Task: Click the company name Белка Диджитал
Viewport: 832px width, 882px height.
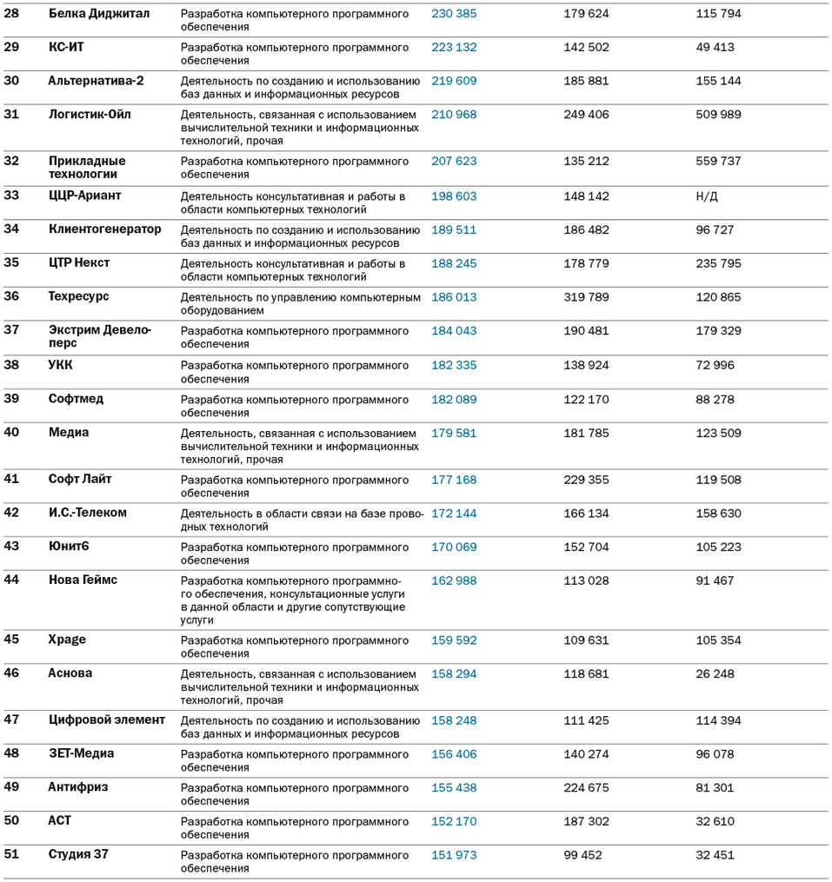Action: pyautogui.click(x=99, y=14)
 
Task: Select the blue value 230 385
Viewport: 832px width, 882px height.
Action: pyautogui.click(x=454, y=14)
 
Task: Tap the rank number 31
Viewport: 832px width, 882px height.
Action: pyautogui.click(x=12, y=114)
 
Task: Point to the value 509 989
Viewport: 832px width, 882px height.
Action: pyautogui.click(x=719, y=115)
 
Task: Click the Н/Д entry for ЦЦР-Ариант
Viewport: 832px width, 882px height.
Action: pyautogui.click(x=707, y=196)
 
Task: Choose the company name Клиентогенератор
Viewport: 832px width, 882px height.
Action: pyautogui.click(x=105, y=229)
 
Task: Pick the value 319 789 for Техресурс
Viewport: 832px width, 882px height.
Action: pyautogui.click(x=586, y=297)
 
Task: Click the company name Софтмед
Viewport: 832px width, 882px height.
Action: pyautogui.click(x=76, y=399)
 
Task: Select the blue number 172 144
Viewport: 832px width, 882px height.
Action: pyautogui.click(x=454, y=514)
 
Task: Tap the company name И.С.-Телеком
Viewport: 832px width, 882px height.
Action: pyautogui.click(x=88, y=513)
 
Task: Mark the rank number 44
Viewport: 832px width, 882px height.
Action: pyautogui.click(x=12, y=580)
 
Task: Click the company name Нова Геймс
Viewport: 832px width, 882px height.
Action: pyautogui.click(x=83, y=580)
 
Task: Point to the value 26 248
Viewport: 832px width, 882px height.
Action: pyautogui.click(x=715, y=674)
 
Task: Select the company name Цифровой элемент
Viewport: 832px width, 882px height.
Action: pyautogui.click(x=107, y=720)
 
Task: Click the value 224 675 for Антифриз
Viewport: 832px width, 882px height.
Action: pyautogui.click(x=586, y=788)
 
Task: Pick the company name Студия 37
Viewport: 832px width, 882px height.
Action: pyautogui.click(x=78, y=854)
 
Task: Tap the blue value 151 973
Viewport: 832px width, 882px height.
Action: pyautogui.click(x=454, y=855)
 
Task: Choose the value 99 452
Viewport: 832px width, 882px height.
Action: pyautogui.click(x=582, y=855)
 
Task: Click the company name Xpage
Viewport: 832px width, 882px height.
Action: pyautogui.click(x=67, y=640)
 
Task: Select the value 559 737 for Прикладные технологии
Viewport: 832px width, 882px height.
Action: pyautogui.click(x=719, y=162)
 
